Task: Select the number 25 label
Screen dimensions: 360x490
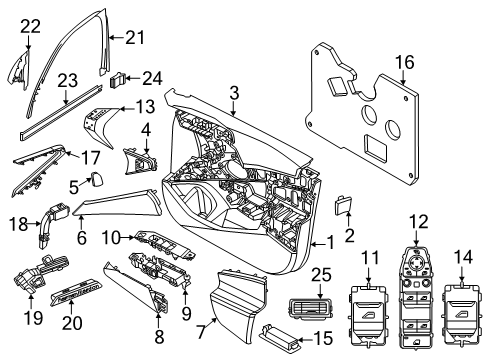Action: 320,274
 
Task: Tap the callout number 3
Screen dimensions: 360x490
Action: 232,93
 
